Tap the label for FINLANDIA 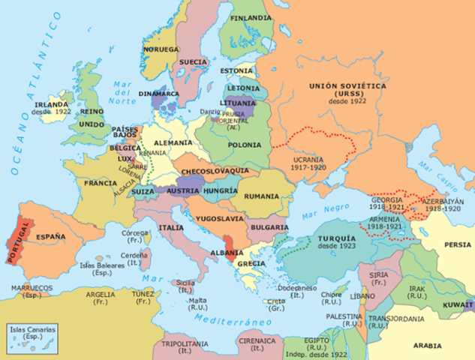(x=251, y=17)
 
